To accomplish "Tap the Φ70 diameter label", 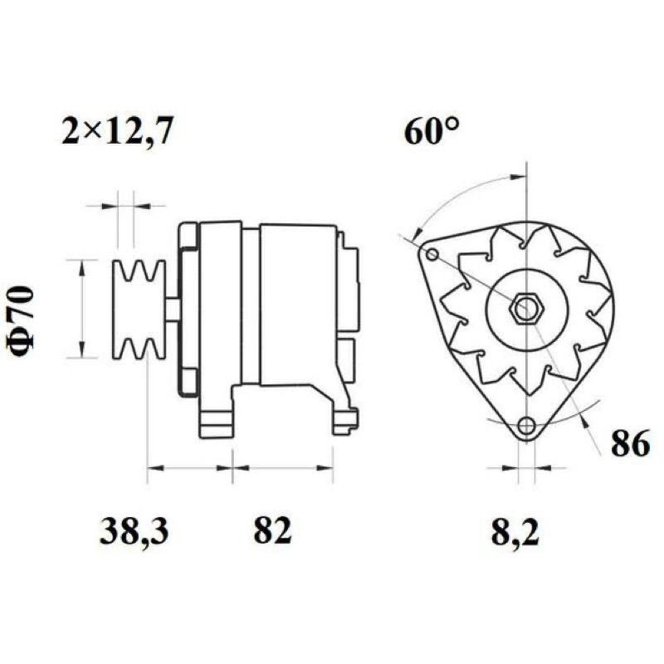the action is tap(21, 321).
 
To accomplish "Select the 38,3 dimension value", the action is tap(134, 531).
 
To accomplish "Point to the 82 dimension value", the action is tap(273, 530).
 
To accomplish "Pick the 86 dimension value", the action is tap(630, 443).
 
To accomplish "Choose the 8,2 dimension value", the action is tap(515, 531).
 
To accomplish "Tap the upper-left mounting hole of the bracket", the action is tap(432, 255).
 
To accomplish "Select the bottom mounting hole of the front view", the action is tap(527, 425).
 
